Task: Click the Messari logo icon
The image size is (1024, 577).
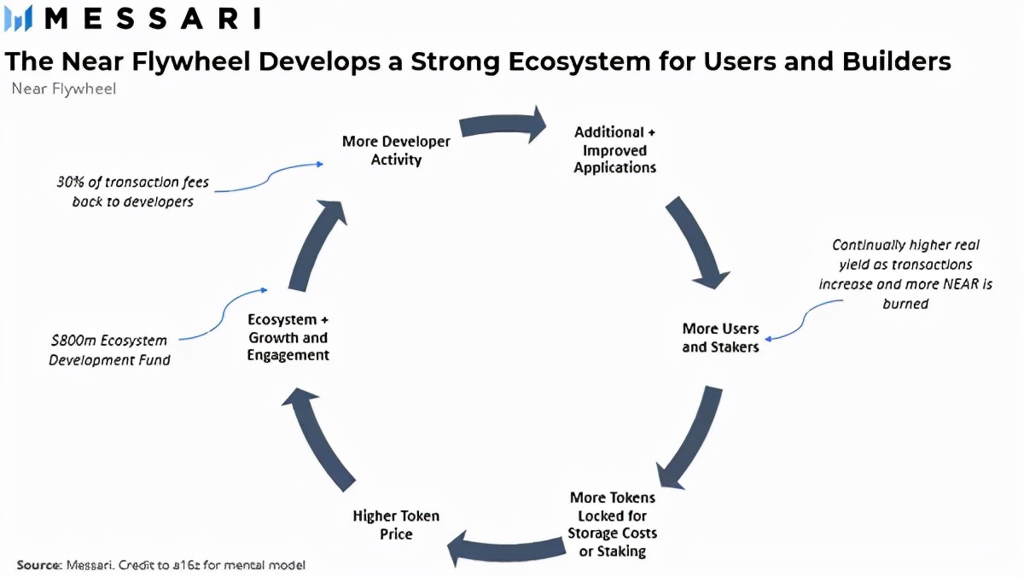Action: coord(18,18)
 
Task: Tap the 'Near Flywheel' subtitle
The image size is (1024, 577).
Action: coord(64,89)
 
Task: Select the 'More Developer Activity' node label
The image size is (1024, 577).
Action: coord(396,150)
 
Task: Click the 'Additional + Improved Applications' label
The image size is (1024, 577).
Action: coord(614,150)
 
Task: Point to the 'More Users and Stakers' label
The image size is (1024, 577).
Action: coord(720,337)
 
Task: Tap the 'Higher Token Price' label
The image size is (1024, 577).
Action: coord(396,525)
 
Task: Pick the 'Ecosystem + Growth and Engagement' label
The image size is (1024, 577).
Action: coord(288,337)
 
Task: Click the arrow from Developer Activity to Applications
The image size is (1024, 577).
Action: coord(503,125)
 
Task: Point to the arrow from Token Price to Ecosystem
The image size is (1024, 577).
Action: coord(320,435)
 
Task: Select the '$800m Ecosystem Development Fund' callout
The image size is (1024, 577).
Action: coord(109,350)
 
